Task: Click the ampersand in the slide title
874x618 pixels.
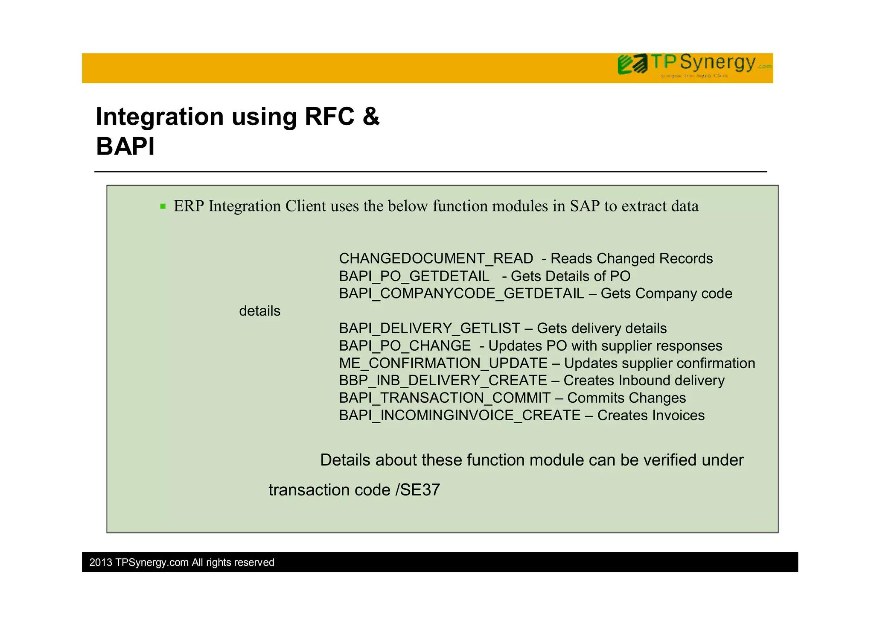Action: (x=370, y=117)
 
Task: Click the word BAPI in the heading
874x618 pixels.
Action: (x=125, y=146)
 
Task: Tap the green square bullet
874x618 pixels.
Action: (x=163, y=207)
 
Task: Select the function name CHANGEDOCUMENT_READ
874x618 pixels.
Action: (x=436, y=259)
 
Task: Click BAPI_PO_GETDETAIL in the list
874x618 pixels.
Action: (x=414, y=276)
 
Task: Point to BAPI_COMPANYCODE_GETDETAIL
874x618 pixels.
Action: (x=461, y=294)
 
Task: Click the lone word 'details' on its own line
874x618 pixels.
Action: (x=259, y=311)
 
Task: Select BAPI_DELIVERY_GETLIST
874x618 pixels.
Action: (x=429, y=328)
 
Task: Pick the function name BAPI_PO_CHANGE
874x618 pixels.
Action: (x=405, y=346)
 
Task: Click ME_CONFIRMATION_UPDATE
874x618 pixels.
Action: (x=443, y=363)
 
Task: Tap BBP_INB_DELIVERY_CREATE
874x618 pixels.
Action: (x=443, y=381)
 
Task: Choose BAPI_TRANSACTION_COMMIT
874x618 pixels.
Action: (x=445, y=398)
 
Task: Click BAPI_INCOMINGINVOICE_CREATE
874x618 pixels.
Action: (x=460, y=416)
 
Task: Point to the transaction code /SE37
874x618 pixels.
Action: (x=418, y=490)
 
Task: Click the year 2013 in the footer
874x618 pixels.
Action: (x=101, y=562)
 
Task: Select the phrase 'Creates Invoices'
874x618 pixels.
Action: (x=651, y=416)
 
